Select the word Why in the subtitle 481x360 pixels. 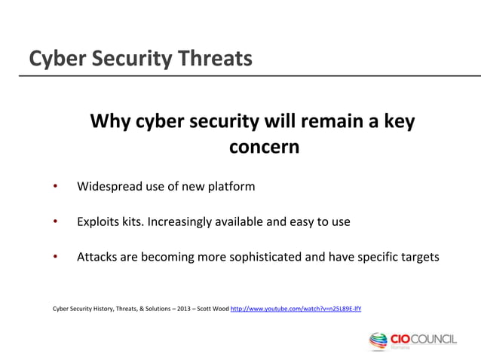click(110, 121)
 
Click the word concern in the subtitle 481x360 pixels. click(263, 147)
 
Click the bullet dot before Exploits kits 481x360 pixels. click(54, 222)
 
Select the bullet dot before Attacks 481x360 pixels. click(54, 257)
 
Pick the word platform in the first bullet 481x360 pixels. click(230, 186)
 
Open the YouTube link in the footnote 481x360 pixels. click(296, 309)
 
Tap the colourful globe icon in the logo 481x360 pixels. click(378, 341)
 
